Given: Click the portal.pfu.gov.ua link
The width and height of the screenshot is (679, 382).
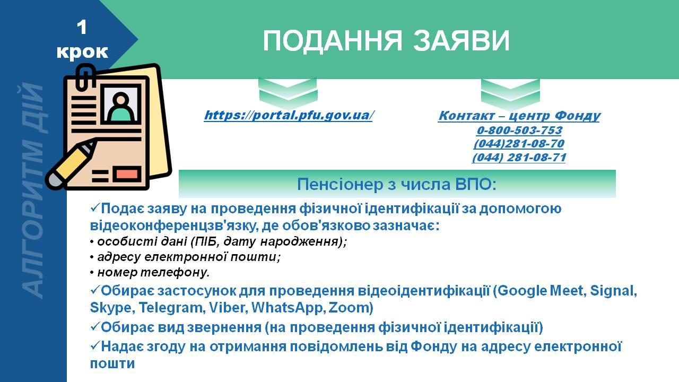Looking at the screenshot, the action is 288,116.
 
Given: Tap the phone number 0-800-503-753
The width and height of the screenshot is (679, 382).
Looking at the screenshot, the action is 519,131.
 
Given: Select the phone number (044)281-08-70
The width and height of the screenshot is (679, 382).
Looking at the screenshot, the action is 519,144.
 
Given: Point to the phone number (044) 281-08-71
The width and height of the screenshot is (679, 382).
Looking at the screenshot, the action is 519,158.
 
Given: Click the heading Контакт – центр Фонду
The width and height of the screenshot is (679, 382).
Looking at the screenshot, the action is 519,116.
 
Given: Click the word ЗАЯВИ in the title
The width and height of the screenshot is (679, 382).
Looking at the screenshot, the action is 462,41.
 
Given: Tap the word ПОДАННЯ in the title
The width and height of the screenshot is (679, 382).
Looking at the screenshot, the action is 332,41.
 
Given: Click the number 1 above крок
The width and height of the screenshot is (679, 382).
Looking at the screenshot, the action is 82,27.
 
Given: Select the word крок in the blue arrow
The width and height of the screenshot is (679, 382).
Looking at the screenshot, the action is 82,51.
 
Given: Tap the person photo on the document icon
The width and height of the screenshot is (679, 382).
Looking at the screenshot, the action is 121,103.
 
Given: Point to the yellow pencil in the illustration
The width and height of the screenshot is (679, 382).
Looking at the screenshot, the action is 71,165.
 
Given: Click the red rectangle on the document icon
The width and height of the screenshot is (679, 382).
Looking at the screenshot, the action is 127,175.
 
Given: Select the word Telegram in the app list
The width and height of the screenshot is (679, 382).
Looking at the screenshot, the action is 171,308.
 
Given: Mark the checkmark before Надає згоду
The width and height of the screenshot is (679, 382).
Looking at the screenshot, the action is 95,345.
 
